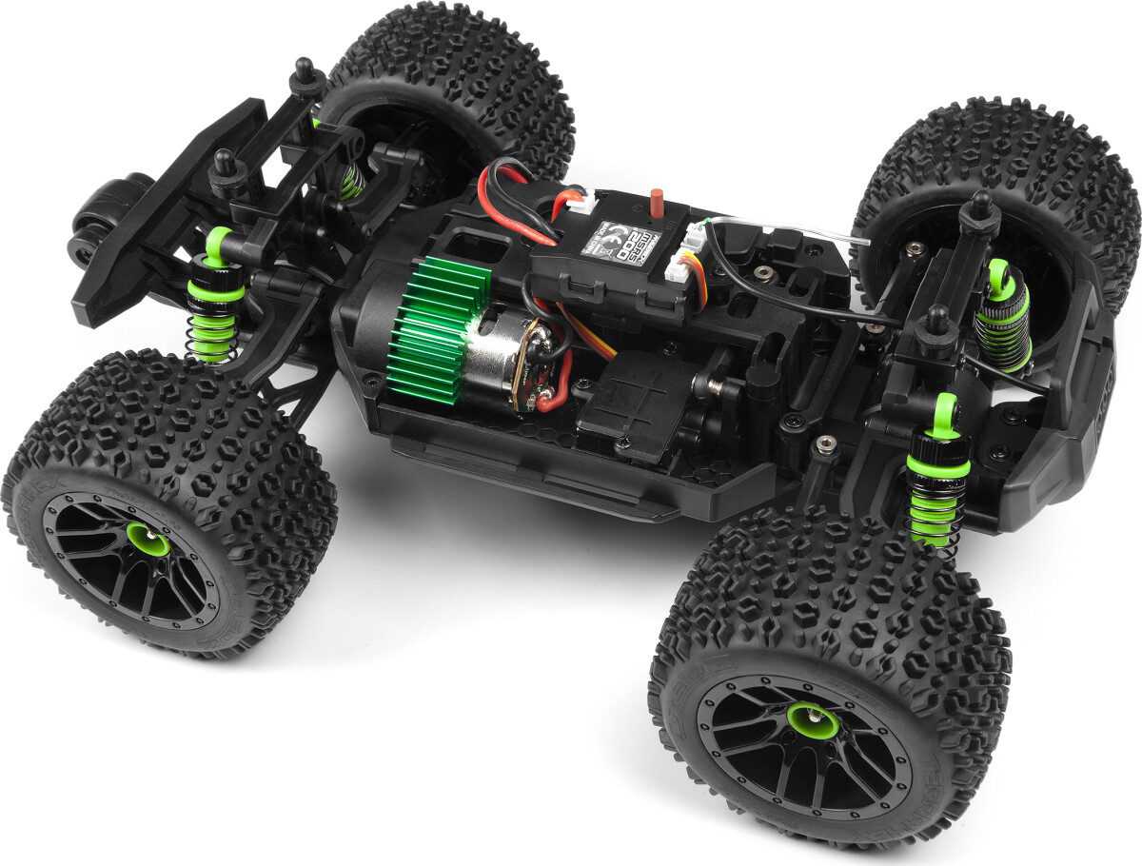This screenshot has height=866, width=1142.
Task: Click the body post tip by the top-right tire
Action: [x=977, y=203]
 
